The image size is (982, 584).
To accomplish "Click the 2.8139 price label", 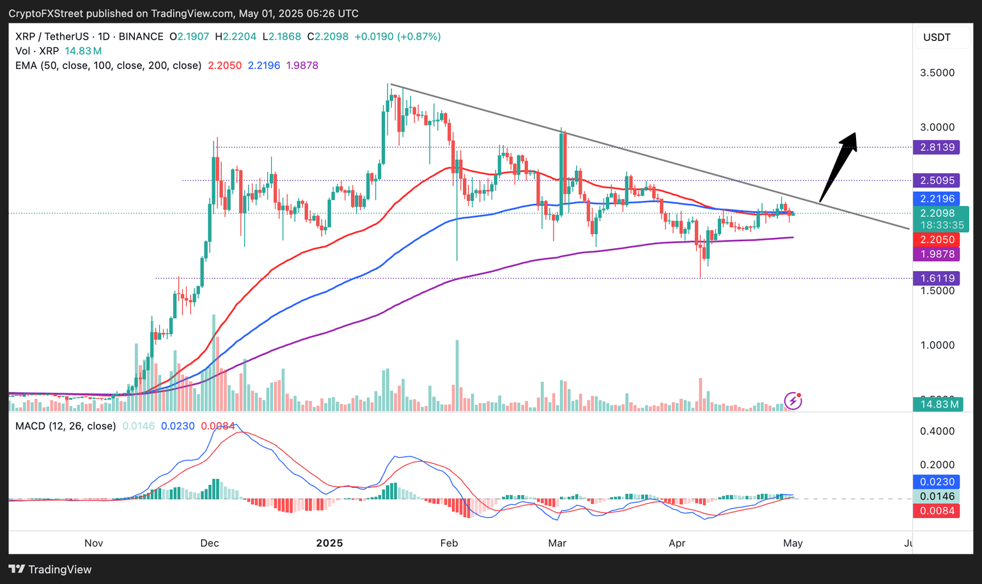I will click(x=937, y=147).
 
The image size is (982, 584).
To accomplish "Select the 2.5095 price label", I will click(x=937, y=180).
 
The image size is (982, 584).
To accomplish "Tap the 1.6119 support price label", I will click(x=937, y=278).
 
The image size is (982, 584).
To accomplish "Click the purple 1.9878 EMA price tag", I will click(x=937, y=254).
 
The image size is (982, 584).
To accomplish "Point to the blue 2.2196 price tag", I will click(x=937, y=199).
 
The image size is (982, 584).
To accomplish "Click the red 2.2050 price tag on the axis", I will click(x=937, y=239).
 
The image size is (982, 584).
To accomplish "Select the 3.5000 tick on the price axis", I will click(x=937, y=73).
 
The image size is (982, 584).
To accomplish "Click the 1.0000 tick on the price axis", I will click(x=937, y=345).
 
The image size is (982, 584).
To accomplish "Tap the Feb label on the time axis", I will click(x=449, y=543).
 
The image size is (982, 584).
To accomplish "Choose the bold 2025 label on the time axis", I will click(x=329, y=543).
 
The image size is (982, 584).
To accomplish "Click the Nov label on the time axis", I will click(x=93, y=543).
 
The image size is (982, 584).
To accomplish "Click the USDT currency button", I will click(x=937, y=37).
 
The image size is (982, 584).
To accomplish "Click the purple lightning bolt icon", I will click(x=793, y=401).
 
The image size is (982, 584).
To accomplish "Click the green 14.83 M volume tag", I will click(x=937, y=404).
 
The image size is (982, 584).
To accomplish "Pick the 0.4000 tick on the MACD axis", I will click(x=937, y=431).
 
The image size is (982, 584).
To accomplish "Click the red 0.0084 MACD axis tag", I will click(x=937, y=510).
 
